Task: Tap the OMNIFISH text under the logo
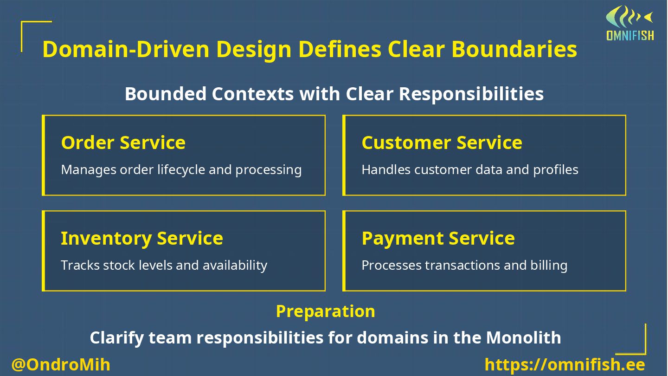(630, 35)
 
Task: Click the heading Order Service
(123, 143)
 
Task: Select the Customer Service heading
(442, 143)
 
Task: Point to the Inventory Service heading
(141, 238)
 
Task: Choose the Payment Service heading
(438, 238)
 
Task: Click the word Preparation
(325, 311)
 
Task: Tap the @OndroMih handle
(61, 364)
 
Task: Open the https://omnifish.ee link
(565, 364)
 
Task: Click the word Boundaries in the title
(514, 49)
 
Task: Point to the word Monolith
(523, 337)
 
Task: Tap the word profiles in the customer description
(555, 170)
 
